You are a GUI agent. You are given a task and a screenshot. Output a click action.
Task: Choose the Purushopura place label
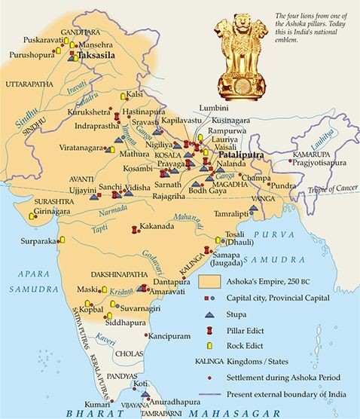[33, 55]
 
